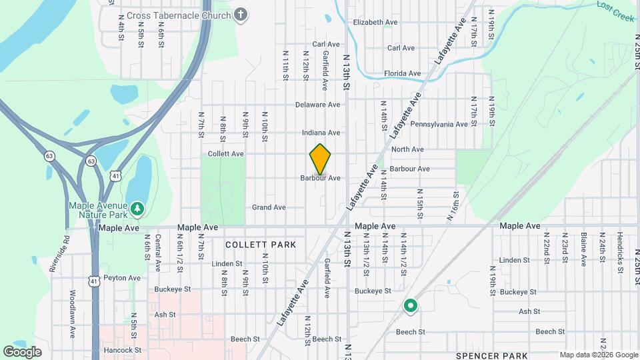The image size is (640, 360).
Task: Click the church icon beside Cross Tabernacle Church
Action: (241, 14)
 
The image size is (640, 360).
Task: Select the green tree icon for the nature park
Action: (137, 209)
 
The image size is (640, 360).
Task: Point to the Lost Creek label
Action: (615, 11)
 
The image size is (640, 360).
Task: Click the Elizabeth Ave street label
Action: (375, 22)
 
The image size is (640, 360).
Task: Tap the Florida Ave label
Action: (402, 73)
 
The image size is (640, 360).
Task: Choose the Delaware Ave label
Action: (318, 105)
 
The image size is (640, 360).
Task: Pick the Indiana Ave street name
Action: (321, 133)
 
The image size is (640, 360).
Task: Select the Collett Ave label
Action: (226, 153)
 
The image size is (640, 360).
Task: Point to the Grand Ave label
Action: (269, 207)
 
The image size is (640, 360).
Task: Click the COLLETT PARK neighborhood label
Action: (261, 245)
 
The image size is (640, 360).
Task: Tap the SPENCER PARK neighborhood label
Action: (492, 355)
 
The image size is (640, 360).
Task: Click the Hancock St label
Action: (123, 349)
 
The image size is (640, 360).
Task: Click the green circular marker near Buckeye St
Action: (411, 306)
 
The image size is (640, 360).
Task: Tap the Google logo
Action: (22, 351)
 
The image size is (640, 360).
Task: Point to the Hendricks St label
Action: (620, 248)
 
